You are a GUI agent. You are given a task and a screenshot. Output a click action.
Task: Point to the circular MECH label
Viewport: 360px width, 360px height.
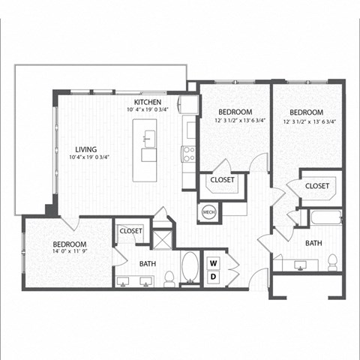(x=209, y=213)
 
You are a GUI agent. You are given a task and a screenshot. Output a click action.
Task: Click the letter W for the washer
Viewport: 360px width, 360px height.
(x=213, y=263)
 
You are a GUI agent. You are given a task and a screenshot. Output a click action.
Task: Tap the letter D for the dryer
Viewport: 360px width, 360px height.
(x=213, y=277)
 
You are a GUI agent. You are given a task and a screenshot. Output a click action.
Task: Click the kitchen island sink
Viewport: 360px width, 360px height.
(x=150, y=137)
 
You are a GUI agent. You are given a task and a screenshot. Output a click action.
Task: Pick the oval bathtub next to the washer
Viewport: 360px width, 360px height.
(x=190, y=268)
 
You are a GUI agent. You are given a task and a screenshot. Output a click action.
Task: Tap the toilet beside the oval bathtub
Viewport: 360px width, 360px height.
(x=169, y=278)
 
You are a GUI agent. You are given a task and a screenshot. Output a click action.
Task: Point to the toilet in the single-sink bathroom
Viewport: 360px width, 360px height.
(x=332, y=262)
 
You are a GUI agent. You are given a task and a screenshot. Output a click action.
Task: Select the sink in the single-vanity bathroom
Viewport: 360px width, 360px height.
(x=301, y=263)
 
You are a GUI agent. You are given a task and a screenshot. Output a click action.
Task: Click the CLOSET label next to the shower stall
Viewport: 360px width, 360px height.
(x=130, y=231)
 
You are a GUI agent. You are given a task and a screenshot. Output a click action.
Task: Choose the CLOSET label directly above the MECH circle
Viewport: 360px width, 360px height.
(x=222, y=180)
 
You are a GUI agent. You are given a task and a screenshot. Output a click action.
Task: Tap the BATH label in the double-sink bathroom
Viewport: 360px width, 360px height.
(x=146, y=263)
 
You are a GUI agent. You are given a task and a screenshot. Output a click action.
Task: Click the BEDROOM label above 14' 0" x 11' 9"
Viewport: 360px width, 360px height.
(x=69, y=244)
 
